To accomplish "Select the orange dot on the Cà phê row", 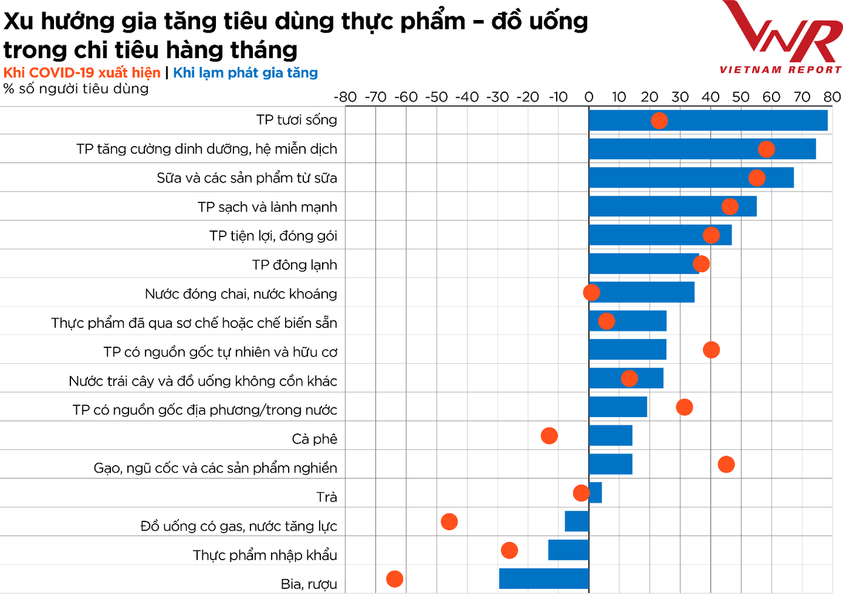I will (x=549, y=435).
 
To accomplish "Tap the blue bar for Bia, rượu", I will (x=543, y=578).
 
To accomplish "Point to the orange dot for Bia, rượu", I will (x=394, y=579).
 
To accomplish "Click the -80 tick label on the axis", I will (x=345, y=97).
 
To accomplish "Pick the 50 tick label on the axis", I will (x=741, y=97).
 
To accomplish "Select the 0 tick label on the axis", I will (x=588, y=97).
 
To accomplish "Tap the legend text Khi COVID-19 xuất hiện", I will (x=82, y=73).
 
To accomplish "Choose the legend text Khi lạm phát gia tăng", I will (x=245, y=73).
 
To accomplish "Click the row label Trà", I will (x=326, y=497).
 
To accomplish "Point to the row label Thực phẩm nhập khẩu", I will (x=264, y=555).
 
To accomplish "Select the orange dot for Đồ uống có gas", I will (x=449, y=521).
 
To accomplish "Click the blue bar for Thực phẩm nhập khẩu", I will (x=568, y=550).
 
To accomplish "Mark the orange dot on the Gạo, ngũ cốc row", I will (x=726, y=464).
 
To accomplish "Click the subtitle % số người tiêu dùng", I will (x=76, y=89).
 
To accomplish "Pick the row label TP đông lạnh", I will (x=294, y=265).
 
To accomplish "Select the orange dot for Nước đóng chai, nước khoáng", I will (x=591, y=292).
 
